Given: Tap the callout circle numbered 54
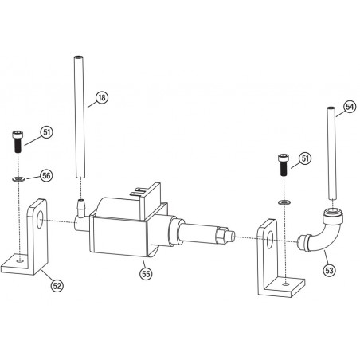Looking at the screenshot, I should [349, 106].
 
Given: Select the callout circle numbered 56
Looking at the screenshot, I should [45, 174].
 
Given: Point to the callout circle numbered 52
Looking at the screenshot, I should [57, 284].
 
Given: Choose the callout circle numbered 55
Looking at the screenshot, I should [146, 273].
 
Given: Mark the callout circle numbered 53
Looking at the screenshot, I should [329, 269].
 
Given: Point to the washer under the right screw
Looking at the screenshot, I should [283, 202].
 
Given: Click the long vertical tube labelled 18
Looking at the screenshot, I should [80, 119].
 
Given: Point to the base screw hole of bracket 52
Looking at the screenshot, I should [19, 259].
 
